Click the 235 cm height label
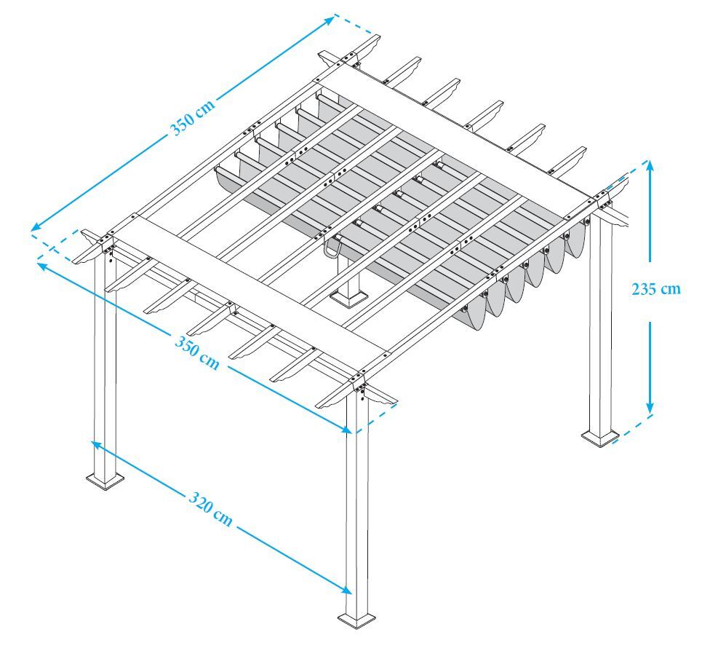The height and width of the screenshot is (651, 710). pos(657,288)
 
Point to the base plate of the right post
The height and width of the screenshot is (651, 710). pos(599,437)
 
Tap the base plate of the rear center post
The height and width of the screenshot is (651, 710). pos(350,297)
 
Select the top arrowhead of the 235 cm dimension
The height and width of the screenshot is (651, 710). pos(650,167)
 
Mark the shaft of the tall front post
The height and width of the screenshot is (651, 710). pos(356,510)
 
